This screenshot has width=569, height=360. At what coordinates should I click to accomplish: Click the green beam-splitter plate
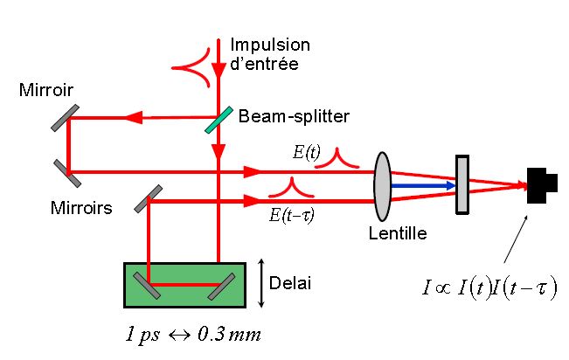[219, 119]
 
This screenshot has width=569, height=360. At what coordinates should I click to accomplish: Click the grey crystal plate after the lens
[463, 184]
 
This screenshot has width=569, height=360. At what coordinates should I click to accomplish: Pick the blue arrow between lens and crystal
[424, 184]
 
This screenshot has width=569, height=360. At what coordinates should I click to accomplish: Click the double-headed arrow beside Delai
[262, 283]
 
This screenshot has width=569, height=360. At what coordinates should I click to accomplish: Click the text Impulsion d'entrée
[270, 53]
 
